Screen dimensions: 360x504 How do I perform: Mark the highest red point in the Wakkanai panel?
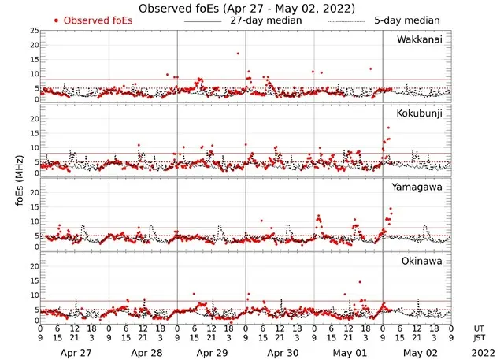click(x=237, y=54)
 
